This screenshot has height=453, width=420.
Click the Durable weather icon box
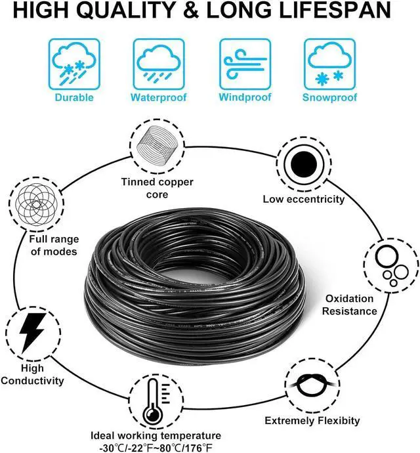(74, 64)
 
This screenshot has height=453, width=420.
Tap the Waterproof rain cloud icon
(159, 64)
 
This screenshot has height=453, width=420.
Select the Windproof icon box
(244, 64)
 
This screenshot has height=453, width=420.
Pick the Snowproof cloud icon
(329, 64)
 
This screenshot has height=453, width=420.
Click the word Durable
(74, 98)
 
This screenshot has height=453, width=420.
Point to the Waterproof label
(159, 98)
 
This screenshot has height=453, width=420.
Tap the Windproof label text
(244, 98)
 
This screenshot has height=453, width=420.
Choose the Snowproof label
(329, 98)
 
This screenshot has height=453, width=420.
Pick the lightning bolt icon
(30, 332)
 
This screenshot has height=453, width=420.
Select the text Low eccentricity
(303, 199)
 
